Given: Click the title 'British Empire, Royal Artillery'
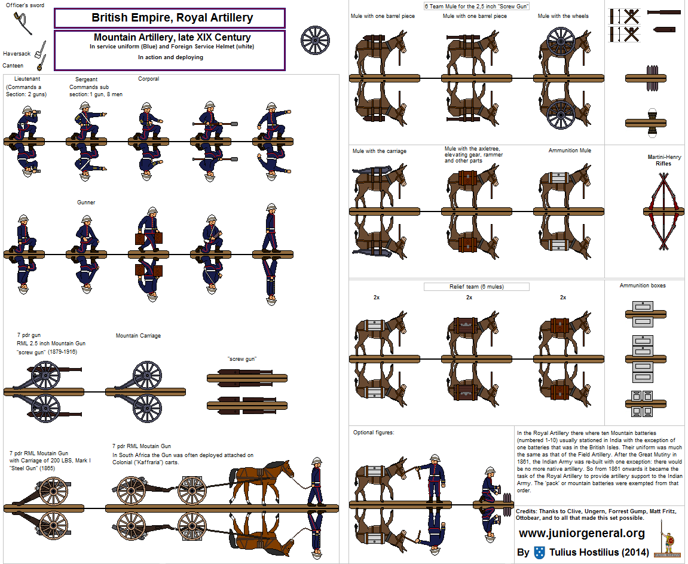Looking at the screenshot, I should pos(172,18).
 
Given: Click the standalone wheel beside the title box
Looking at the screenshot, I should pos(315,41).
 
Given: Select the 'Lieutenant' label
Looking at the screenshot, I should pos(23,79).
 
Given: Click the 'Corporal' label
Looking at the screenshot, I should pos(149,79).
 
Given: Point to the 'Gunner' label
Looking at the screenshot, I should pos(86,203).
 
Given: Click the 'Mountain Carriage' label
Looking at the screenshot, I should pos(138,336).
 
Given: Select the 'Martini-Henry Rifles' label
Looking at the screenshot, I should pos(663,160).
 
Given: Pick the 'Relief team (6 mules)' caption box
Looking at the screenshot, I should pos(476,287).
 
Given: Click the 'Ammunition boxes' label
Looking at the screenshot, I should pos(643,286).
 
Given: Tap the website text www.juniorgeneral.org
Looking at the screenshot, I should pos(582,534).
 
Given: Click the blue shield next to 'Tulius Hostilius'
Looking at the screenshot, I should pos(539,552).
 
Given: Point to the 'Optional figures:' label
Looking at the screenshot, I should pos(374,433).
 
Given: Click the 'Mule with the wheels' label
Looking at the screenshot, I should pos(562,16).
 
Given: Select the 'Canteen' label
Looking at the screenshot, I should pos(13,66).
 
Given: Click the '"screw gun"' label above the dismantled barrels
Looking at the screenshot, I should pos(242,358).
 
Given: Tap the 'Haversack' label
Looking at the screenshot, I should pos(16,54).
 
